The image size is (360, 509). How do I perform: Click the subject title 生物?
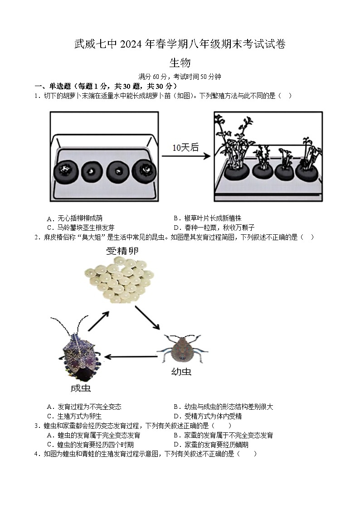coord(180,63)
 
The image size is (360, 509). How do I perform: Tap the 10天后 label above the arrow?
coord(185,147)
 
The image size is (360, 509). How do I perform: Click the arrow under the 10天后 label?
coord(186,156)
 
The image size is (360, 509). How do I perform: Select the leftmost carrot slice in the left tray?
coord(66,171)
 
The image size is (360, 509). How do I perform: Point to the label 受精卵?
coord(122,251)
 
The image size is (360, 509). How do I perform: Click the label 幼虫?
coord(181,372)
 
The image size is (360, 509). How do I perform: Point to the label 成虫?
coord(80,388)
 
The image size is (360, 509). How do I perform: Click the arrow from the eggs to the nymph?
coord(147,318)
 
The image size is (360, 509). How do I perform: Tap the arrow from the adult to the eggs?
coord(98,321)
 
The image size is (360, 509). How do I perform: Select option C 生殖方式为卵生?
coord(74,416)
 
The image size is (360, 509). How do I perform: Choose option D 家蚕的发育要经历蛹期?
coord(211,445)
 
